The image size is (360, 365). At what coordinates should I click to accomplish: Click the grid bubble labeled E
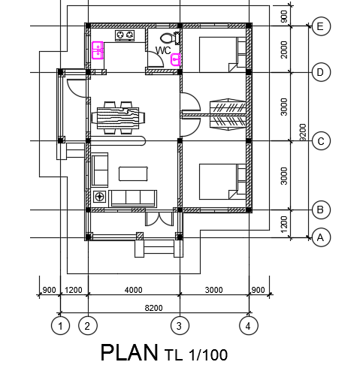321,26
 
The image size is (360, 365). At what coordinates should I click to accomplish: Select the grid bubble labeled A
321,237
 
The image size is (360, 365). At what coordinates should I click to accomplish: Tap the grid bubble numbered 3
180,326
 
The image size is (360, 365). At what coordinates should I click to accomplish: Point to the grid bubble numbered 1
60,326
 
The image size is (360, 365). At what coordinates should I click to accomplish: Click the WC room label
163,50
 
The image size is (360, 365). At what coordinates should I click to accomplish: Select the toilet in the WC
170,38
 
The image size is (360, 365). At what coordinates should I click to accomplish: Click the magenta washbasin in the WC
176,59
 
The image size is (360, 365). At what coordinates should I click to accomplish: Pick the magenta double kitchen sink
98,50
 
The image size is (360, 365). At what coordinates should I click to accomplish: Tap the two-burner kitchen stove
125,35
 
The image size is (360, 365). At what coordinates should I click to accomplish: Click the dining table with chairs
118,118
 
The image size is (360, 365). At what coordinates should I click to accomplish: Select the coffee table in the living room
133,173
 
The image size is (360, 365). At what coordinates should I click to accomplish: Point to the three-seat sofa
133,199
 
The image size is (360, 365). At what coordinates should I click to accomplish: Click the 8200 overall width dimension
153,308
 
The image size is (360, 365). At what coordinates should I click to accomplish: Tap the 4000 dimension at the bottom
134,290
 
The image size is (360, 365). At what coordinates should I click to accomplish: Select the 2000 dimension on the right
284,50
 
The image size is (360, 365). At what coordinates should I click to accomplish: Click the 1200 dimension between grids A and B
284,225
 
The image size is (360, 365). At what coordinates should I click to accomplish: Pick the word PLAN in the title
129,352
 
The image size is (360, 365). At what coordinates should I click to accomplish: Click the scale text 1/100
208,354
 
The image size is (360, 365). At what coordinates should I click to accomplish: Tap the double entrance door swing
159,219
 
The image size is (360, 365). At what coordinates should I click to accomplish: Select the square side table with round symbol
100,197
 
